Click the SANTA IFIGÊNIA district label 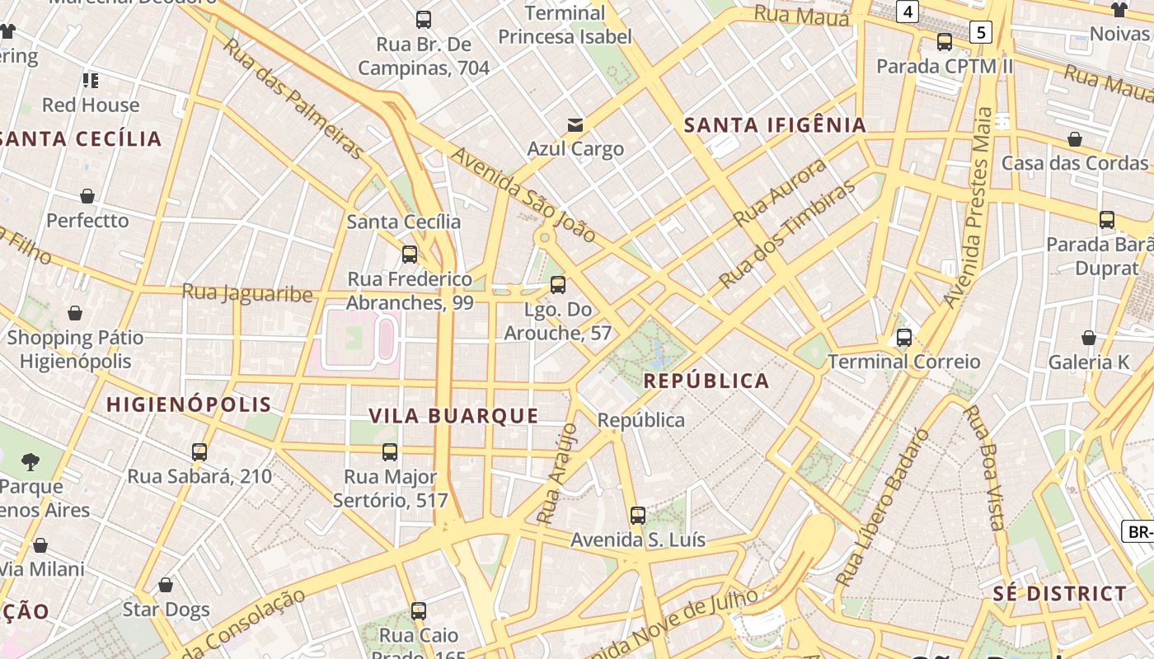pos(776,125)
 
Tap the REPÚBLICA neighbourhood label pos(706,381)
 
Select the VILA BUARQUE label pos(453,416)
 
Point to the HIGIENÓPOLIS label pos(189,404)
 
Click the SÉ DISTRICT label pos(1059,594)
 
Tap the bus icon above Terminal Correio pos(904,338)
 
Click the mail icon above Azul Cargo pos(575,125)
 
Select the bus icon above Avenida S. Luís pos(638,516)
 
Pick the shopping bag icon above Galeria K pos(1089,338)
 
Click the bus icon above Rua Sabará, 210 pos(199,452)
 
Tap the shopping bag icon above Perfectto pos(87,196)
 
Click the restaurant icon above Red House pos(91,81)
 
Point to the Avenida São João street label pos(523,195)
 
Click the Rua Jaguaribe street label pos(247,293)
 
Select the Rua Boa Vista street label pos(984,468)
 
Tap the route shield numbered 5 pos(980,32)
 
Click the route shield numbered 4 pos(908,12)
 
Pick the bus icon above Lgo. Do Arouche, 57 pos(558,286)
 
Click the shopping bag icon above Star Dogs pos(166,585)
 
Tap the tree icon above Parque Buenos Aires pos(31,461)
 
